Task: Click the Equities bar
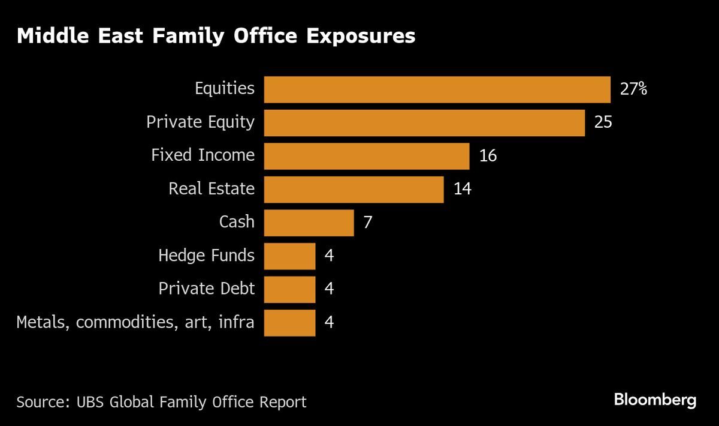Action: click(437, 89)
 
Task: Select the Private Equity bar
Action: click(424, 122)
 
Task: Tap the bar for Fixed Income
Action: click(366, 156)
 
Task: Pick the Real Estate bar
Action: click(354, 189)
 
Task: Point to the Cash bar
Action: click(309, 223)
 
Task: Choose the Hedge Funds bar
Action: click(289, 256)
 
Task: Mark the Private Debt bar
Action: click(289, 289)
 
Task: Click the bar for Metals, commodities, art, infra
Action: click(289, 323)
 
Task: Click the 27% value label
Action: click(634, 89)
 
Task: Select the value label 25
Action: click(603, 122)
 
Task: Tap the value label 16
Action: click(488, 156)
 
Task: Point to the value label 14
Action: click(462, 189)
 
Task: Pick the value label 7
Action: click(368, 223)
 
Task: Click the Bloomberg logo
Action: click(655, 400)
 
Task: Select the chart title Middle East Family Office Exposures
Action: click(216, 36)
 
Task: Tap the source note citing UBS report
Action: click(161, 401)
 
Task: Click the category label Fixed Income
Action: click(203, 155)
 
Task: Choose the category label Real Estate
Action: click(212, 189)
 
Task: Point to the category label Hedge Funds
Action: click(206, 256)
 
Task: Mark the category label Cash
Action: click(237, 222)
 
